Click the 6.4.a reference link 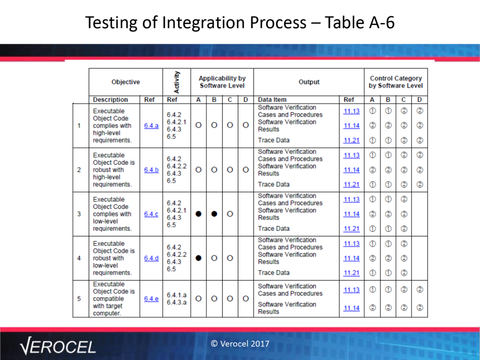pyautogui.click(x=151, y=126)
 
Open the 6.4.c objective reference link pyautogui.click(x=151, y=214)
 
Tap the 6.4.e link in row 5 pyautogui.click(x=151, y=299)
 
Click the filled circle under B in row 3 pyautogui.click(x=214, y=214)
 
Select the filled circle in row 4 pyautogui.click(x=198, y=258)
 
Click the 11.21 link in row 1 pyautogui.click(x=351, y=141)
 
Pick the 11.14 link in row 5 pyautogui.click(x=351, y=308)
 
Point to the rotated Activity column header pyautogui.click(x=177, y=82)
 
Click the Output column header pyautogui.click(x=309, y=82)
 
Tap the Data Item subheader pyautogui.click(x=272, y=100)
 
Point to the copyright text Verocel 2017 pyautogui.click(x=240, y=344)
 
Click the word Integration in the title pyautogui.click(x=234, y=23)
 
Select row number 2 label pyautogui.click(x=79, y=170)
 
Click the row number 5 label pyautogui.click(x=79, y=298)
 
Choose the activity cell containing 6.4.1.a pyautogui.click(x=177, y=299)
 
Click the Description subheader pyautogui.click(x=110, y=100)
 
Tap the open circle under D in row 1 pyautogui.click(x=246, y=125)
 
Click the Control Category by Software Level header pyautogui.click(x=396, y=82)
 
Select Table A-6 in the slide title pyautogui.click(x=360, y=23)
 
